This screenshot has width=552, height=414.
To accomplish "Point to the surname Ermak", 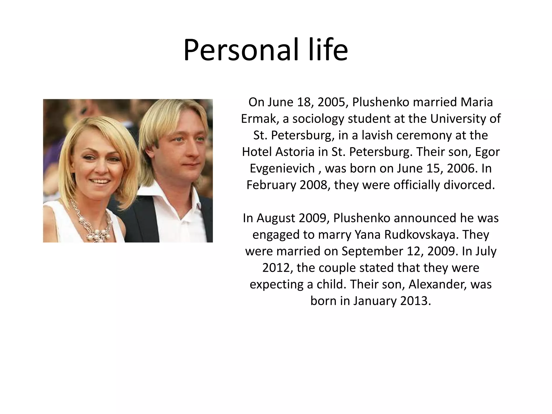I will [x=260, y=119].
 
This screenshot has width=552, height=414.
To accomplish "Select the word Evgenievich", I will [x=282, y=168].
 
